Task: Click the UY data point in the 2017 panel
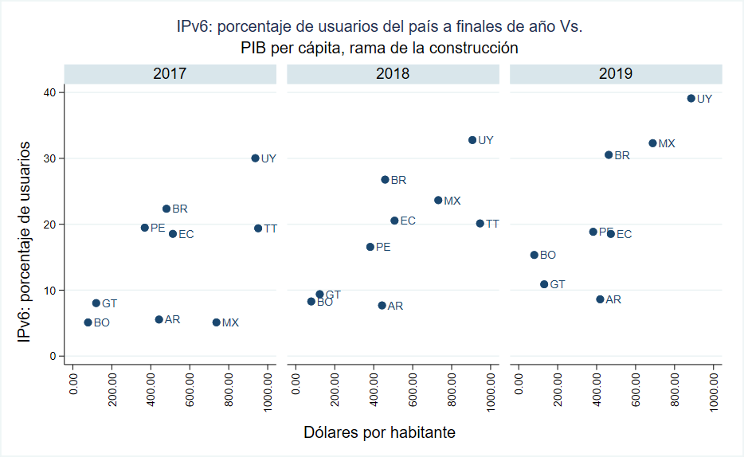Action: point(255,158)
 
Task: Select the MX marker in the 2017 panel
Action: point(216,322)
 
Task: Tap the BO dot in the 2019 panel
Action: point(534,255)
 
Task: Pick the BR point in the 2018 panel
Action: point(385,180)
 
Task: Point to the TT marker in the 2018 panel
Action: point(480,224)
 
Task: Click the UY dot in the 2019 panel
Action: point(691,99)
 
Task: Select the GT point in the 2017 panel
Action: point(96,303)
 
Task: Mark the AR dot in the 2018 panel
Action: point(382,305)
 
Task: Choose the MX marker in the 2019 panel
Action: point(652,143)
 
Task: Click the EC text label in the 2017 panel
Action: point(186,234)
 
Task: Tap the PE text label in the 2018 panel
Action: point(383,247)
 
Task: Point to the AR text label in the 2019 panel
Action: point(613,299)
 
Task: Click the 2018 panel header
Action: point(393,73)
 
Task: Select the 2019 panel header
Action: point(616,73)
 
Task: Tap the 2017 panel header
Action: point(170,73)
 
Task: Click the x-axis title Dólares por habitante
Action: point(380,432)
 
